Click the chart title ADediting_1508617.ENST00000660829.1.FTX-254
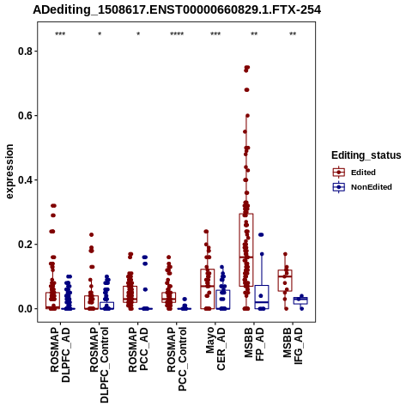(x=177, y=9)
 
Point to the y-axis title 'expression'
(x=9, y=172)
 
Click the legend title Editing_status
(x=367, y=155)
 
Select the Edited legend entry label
(x=363, y=173)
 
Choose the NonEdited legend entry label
(x=372, y=187)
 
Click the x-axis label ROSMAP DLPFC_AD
(x=60, y=354)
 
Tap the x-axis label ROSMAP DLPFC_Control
(x=99, y=365)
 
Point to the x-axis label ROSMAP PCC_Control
(x=177, y=359)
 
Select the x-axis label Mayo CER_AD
(x=215, y=348)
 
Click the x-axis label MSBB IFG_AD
(x=293, y=346)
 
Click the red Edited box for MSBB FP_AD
(x=246, y=250)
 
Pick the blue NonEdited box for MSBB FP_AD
(x=262, y=297)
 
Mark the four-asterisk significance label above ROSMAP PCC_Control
(x=177, y=34)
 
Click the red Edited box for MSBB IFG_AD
(x=285, y=281)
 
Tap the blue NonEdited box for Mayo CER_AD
(x=223, y=300)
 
